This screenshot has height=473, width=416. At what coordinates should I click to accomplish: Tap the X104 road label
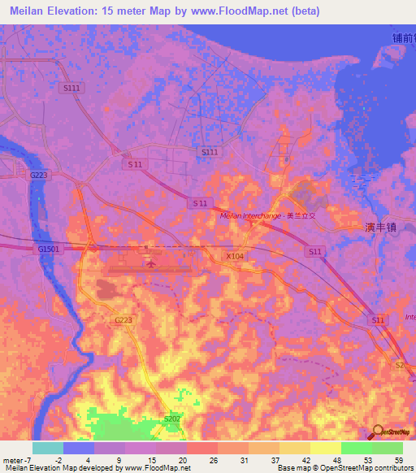[x=235, y=255]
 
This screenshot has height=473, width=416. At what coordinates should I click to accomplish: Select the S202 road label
[x=172, y=419]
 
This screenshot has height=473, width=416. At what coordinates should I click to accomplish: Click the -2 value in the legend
[x=48, y=459]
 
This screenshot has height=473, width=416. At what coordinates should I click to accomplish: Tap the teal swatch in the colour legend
[x=48, y=448]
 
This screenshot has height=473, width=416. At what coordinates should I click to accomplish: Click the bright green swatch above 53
[x=357, y=448]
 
